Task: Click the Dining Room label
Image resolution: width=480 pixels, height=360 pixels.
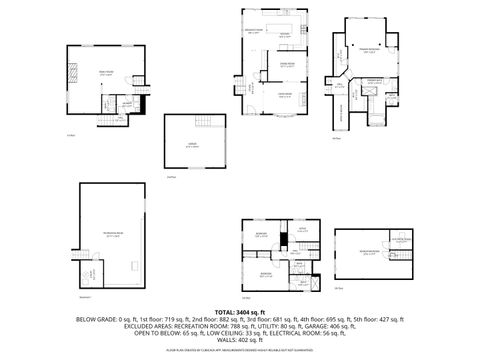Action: (285, 64)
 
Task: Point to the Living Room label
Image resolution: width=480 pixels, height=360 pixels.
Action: (284, 94)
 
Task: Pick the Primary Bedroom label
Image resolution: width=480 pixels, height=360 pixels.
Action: (369, 48)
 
